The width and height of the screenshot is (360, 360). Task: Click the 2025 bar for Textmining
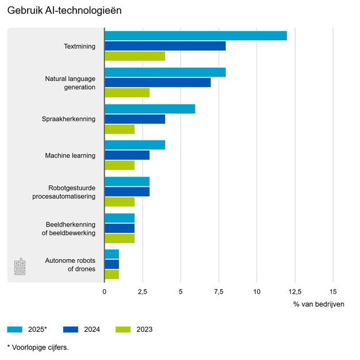click(x=196, y=36)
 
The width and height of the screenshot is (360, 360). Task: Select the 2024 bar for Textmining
click(x=165, y=46)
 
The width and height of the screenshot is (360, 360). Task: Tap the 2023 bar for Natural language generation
click(x=127, y=93)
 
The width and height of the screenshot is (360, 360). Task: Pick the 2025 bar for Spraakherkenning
click(x=150, y=109)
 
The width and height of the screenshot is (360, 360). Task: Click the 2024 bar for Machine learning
click(x=127, y=155)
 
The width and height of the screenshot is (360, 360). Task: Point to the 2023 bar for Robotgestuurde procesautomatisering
click(x=120, y=202)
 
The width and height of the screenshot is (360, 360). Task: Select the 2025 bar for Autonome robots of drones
click(x=112, y=254)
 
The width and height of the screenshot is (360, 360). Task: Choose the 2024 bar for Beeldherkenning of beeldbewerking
click(x=120, y=228)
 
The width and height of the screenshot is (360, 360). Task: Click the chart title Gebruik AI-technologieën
click(x=64, y=11)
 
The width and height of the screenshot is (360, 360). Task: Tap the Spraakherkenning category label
click(x=68, y=119)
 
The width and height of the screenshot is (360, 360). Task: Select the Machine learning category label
click(x=70, y=155)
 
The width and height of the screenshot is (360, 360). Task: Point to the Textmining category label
click(x=79, y=46)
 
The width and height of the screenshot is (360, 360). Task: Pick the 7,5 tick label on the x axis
click(x=219, y=291)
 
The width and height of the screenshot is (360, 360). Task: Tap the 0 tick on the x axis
click(x=105, y=291)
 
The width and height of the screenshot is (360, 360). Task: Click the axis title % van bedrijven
click(x=319, y=304)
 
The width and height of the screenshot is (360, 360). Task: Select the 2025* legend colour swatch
click(x=14, y=330)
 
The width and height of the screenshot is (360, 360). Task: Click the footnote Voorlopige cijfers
click(x=37, y=347)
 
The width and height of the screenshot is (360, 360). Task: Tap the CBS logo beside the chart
click(x=20, y=267)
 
